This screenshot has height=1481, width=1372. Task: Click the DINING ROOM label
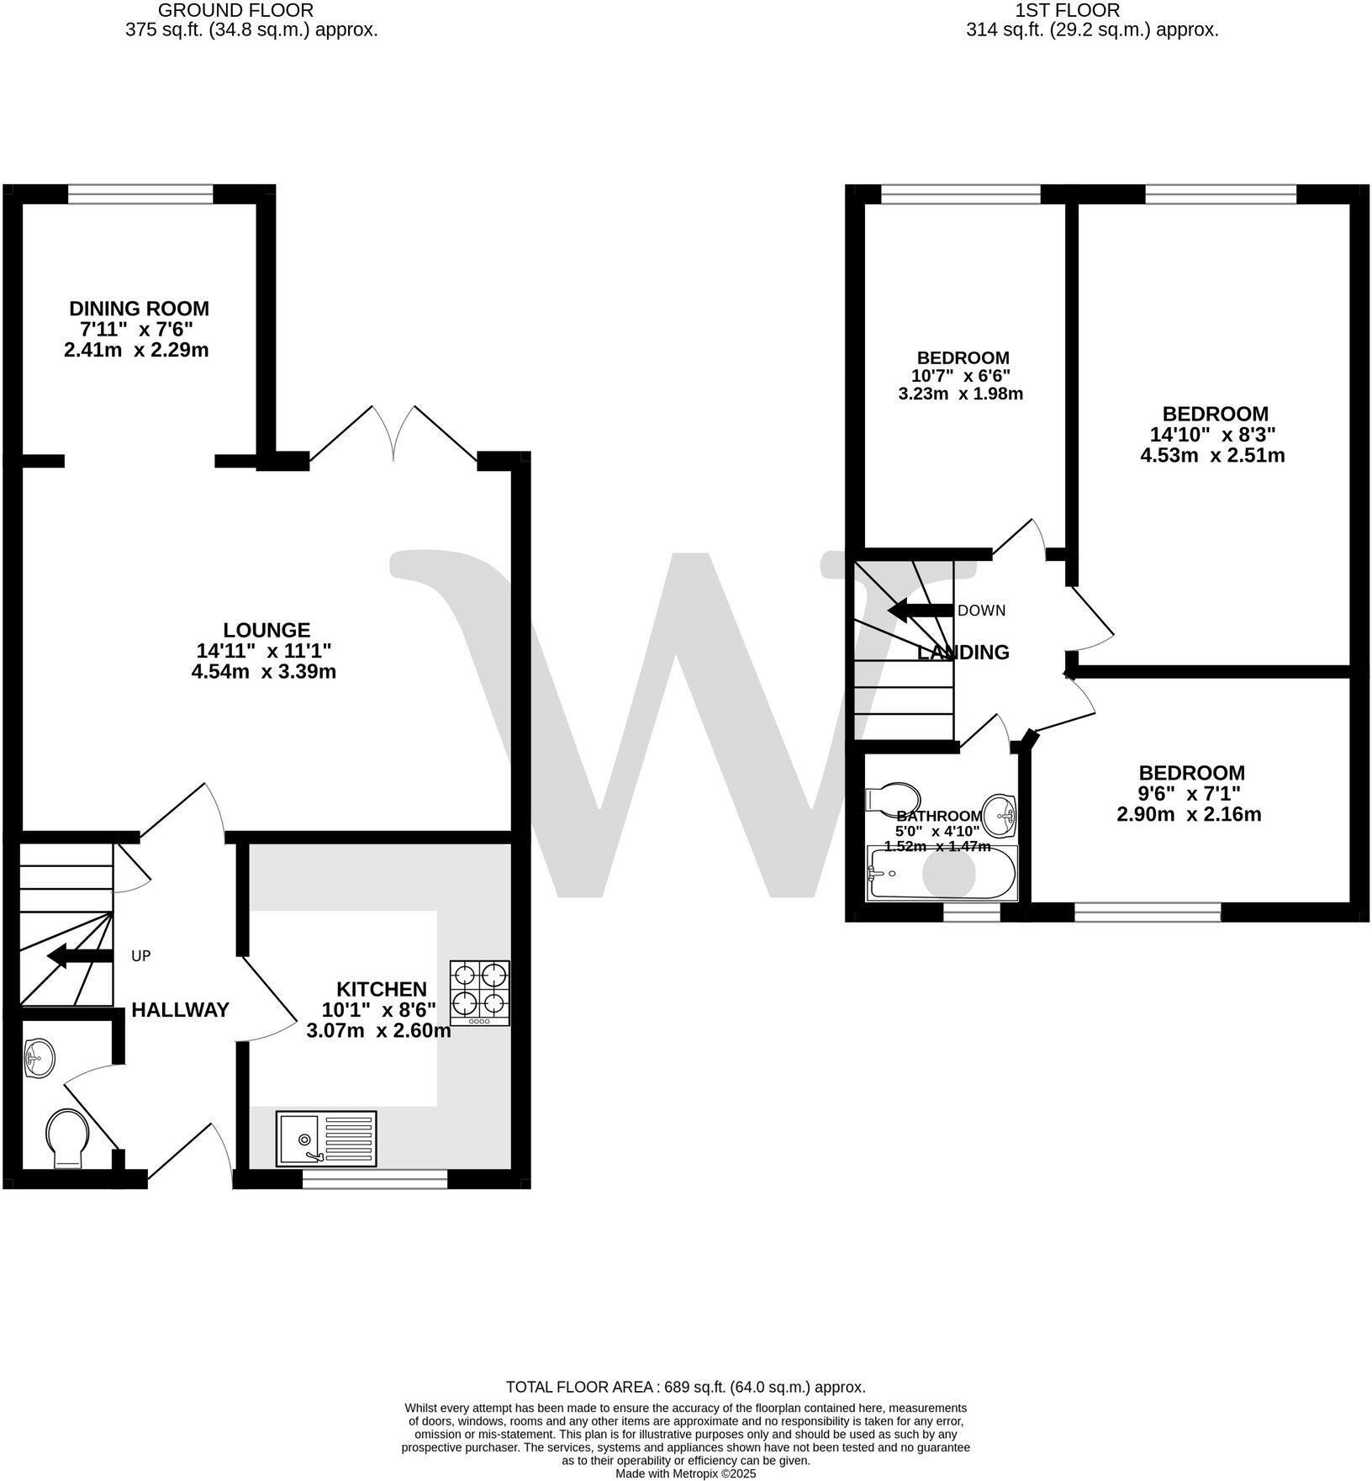coord(139,309)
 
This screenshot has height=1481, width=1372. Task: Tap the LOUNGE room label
coord(266,630)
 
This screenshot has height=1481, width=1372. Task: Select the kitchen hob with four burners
coord(480,992)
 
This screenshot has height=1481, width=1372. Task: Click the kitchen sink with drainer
coord(327,1139)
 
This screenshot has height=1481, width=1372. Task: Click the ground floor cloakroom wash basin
coord(40,1057)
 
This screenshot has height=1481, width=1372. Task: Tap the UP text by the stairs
coord(141,956)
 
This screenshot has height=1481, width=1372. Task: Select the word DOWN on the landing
coord(981,611)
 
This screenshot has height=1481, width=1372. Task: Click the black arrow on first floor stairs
coord(920,611)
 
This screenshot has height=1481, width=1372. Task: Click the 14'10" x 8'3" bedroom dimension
coord(1212,435)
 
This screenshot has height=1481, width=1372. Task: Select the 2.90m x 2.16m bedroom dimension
coord(1189,814)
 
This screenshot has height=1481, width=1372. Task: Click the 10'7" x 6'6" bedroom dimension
coord(960,376)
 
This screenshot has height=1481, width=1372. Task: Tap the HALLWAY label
coord(180,1010)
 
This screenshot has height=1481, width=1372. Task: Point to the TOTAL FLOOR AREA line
coord(685,1387)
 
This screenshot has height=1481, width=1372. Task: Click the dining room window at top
coord(140,194)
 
